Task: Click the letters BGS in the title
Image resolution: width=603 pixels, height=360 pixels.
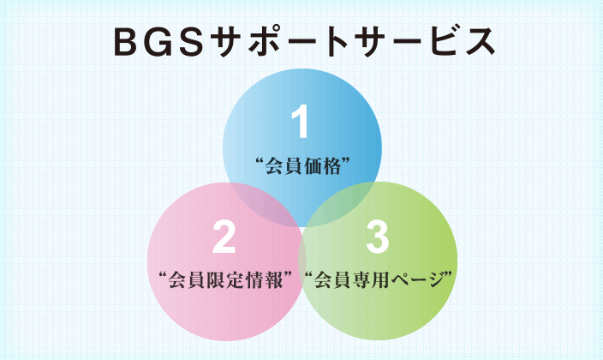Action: click(158, 42)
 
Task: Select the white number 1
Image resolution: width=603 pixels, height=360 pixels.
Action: click(301, 121)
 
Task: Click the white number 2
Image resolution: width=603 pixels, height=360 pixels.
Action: click(224, 237)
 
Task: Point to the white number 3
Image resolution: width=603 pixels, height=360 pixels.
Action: click(377, 237)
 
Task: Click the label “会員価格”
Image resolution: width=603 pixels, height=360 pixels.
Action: click(302, 166)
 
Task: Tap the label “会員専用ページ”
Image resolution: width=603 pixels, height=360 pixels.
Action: click(379, 280)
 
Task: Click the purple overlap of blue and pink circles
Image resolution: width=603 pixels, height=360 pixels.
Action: click(265, 203)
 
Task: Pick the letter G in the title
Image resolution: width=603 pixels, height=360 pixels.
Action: click(158, 42)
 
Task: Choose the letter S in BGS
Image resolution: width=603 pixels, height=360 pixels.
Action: click(190, 42)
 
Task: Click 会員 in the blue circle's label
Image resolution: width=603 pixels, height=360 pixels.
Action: click(284, 166)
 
